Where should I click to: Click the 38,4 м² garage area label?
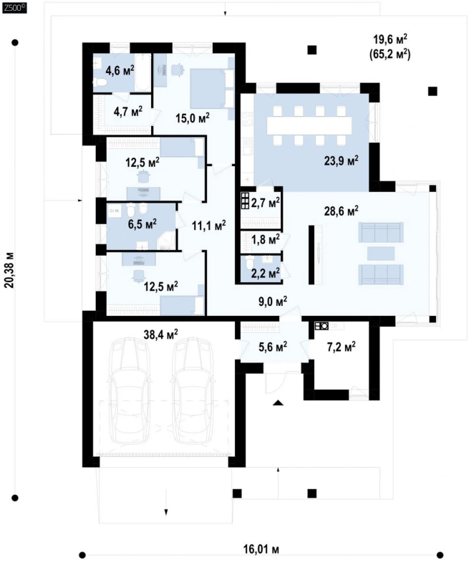click(161, 334)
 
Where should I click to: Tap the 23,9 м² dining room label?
click(341, 160)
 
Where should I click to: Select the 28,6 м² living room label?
click(341, 211)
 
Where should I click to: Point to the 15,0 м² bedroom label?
click(193, 117)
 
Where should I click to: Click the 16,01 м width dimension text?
click(261, 549)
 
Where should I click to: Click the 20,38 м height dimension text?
click(10, 269)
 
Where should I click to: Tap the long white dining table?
click(309, 125)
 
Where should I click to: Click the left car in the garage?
click(129, 390)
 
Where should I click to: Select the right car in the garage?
click(193, 390)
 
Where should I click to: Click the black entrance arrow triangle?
click(278, 403)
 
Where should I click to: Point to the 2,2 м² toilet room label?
click(266, 272)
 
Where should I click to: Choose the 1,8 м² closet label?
click(266, 239)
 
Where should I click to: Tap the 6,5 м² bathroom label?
click(142, 224)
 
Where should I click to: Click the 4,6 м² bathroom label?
click(120, 70)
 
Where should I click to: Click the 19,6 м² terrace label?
click(390, 39)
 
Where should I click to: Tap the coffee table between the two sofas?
click(381, 254)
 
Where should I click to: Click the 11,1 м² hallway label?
click(208, 226)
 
